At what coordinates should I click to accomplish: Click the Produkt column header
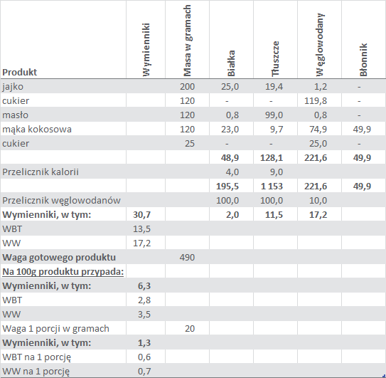pyautogui.click(x=19, y=72)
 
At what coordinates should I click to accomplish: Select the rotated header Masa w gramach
pyautogui.click(x=187, y=41)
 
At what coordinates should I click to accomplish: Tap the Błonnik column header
pyautogui.click(x=363, y=60)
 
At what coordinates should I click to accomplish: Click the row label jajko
pyautogui.click(x=13, y=87)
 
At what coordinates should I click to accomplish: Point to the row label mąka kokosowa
pyautogui.click(x=37, y=130)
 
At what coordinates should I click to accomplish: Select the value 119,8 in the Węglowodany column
pyautogui.click(x=316, y=101)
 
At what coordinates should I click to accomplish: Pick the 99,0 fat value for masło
pyautogui.click(x=274, y=115)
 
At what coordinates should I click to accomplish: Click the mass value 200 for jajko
pyautogui.click(x=187, y=87)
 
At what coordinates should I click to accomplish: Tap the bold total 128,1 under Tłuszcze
pyautogui.click(x=272, y=158)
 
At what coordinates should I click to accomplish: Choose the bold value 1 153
pyautogui.click(x=272, y=187)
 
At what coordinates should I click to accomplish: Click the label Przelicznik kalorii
pyautogui.click(x=41, y=172)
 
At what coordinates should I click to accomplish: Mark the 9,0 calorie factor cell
pyautogui.click(x=277, y=172)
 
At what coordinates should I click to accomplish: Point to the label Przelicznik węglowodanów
pyautogui.click(x=61, y=201)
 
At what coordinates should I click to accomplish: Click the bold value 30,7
pyautogui.click(x=141, y=215)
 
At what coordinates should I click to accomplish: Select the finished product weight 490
pyautogui.click(x=187, y=258)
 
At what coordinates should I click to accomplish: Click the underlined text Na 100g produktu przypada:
pyautogui.click(x=63, y=272)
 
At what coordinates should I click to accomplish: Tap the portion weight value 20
pyautogui.click(x=190, y=329)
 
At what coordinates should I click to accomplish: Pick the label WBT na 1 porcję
pyautogui.click(x=37, y=357)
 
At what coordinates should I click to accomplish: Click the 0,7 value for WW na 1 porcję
pyautogui.click(x=144, y=372)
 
